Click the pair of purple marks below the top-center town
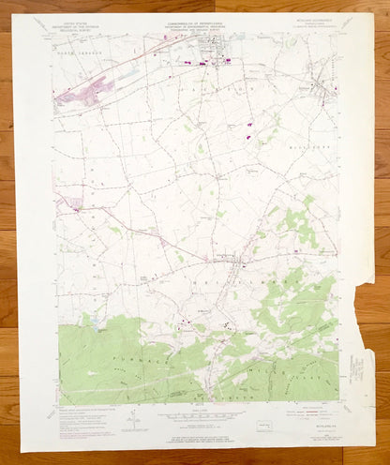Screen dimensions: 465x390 pyautogui.click(x=249, y=128)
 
